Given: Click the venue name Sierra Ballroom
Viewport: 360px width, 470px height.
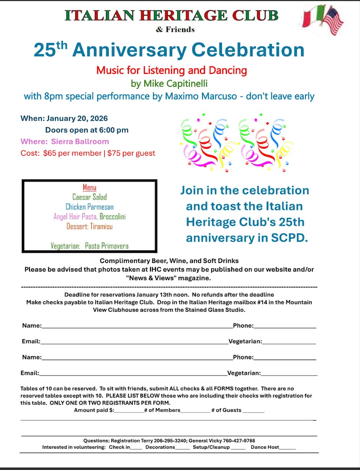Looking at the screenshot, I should click(80, 142).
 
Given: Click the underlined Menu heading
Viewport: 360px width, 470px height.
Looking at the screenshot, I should click(90, 187).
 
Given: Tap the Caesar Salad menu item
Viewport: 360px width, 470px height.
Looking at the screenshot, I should click(90, 197).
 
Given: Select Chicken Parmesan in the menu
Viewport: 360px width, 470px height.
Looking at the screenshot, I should click(90, 207).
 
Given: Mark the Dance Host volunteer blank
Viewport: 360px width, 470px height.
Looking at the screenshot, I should click(287, 448).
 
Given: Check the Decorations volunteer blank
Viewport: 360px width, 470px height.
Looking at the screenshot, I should click(182, 448).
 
